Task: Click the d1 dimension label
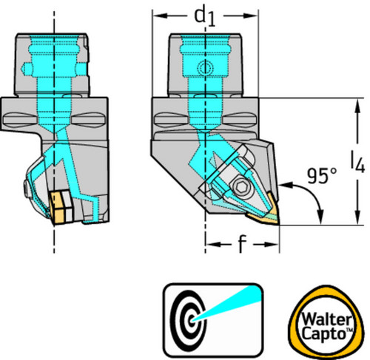click(205, 17)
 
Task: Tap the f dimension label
click(242, 244)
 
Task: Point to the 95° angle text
click(322, 175)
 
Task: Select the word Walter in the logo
click(326, 319)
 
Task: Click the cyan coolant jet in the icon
click(227, 304)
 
